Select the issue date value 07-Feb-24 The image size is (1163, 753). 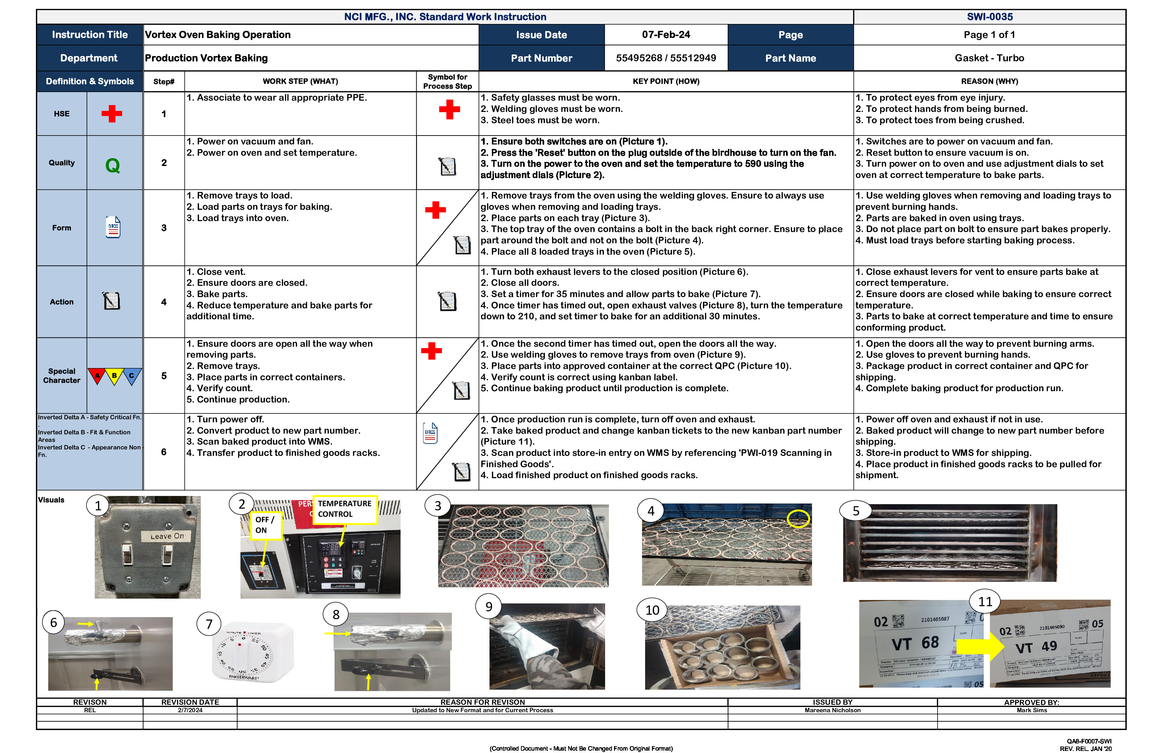pos(666,35)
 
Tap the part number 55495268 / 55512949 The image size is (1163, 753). pos(666,58)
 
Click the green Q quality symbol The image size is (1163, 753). pos(113,165)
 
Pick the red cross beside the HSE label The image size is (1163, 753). pos(112,114)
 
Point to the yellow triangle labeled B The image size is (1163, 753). pos(114,375)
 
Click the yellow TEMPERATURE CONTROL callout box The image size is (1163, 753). pos(344,509)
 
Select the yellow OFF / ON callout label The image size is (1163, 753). pos(265,525)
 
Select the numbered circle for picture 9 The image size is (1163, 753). pos(489,607)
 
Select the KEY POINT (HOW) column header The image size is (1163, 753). pos(666,81)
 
